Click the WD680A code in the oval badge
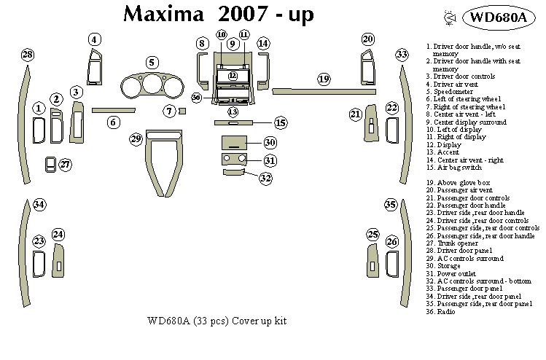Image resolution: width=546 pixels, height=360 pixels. [x=498, y=18]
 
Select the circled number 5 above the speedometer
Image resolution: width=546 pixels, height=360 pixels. [x=152, y=63]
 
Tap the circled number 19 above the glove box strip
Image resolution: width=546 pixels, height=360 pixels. [x=324, y=78]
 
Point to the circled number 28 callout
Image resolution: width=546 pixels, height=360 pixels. [x=28, y=55]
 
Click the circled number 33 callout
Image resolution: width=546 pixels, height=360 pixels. [x=402, y=55]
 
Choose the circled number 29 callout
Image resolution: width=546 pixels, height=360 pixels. [x=136, y=138]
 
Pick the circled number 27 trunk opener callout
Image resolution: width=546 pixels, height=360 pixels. [x=66, y=165]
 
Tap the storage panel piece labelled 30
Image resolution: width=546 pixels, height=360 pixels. [x=234, y=142]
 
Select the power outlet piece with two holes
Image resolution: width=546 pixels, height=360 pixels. [x=234, y=160]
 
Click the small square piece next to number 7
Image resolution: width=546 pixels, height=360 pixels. [x=182, y=111]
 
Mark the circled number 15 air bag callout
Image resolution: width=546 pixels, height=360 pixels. [x=280, y=122]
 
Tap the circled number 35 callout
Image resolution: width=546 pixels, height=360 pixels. [x=391, y=205]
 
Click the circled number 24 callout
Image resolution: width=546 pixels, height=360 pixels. [x=58, y=234]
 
